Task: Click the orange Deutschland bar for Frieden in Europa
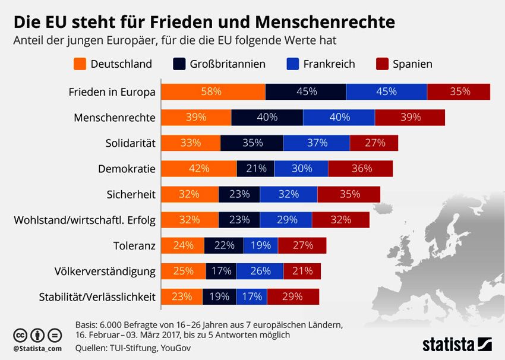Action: pos(213,91)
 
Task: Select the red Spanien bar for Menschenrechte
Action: pos(410,118)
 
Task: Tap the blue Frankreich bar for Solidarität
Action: pos(316,143)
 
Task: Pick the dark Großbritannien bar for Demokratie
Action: pos(255,169)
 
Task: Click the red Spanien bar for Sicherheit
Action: pos(349,194)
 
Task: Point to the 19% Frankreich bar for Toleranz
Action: pos(261,246)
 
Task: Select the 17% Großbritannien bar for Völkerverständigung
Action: pos(221,271)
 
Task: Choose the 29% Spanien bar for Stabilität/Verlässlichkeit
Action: pos(293,296)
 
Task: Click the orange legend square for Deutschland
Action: pos(80,64)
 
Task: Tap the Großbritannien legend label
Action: pos(228,64)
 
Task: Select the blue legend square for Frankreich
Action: pos(292,64)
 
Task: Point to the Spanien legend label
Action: pos(412,64)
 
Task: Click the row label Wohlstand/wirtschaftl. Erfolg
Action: pos(85,220)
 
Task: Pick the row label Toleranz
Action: pos(134,246)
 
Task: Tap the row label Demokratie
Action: pos(127,169)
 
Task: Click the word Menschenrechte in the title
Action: pos(325,22)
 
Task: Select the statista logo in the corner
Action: pos(457,344)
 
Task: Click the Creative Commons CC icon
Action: pos(20,335)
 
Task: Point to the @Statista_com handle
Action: pos(37,348)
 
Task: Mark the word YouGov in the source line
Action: pos(175,348)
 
